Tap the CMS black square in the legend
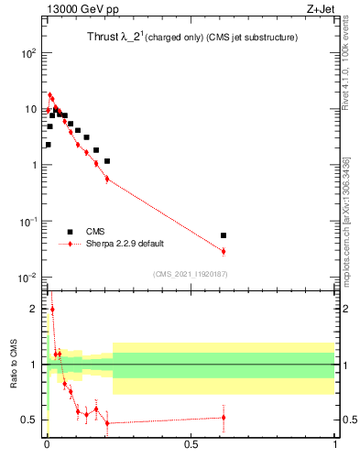tap(70, 232)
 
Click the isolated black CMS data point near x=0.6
tap(224, 235)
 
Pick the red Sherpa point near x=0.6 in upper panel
tap(224, 251)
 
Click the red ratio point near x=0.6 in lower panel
tap(224, 418)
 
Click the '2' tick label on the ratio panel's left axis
tap(35, 310)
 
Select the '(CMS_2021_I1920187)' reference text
tap(191, 274)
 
